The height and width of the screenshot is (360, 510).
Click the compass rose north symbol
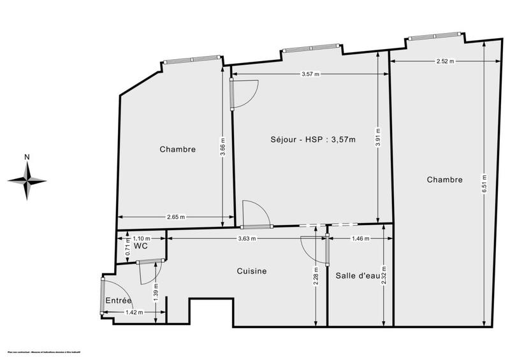[27, 180]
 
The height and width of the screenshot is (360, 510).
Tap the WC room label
[141, 246]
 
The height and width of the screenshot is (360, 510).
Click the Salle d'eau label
[354, 275]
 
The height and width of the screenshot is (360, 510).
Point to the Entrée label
[119, 300]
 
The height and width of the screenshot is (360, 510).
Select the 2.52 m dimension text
[445, 61]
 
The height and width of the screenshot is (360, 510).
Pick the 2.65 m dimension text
[176, 217]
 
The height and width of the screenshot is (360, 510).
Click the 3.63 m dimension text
[247, 239]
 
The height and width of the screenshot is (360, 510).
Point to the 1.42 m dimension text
[133, 312]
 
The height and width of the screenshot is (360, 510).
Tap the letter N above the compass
[27, 157]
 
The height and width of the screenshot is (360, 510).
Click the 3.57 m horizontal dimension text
[310, 74]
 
